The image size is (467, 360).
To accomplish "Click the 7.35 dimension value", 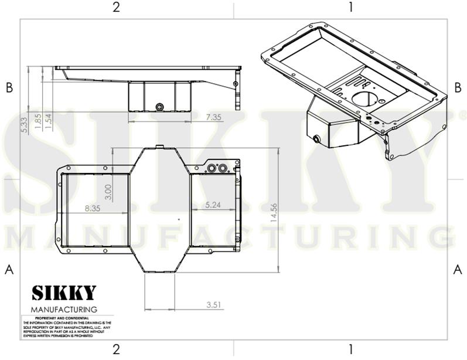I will [x=213, y=117].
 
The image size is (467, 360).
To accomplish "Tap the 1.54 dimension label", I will [x=48, y=120].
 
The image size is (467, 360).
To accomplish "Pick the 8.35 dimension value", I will [x=93, y=208].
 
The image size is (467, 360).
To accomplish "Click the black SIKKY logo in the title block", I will [x=63, y=293].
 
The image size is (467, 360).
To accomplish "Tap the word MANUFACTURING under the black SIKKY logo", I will [x=63, y=309].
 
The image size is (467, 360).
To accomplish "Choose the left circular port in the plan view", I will [x=212, y=168].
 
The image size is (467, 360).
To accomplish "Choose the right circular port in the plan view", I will [x=222, y=168].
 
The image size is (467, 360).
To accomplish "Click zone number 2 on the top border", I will [x=117, y=7].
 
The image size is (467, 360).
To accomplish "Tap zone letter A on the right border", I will [x=458, y=269].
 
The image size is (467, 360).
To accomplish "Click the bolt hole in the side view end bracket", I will [x=236, y=84].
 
